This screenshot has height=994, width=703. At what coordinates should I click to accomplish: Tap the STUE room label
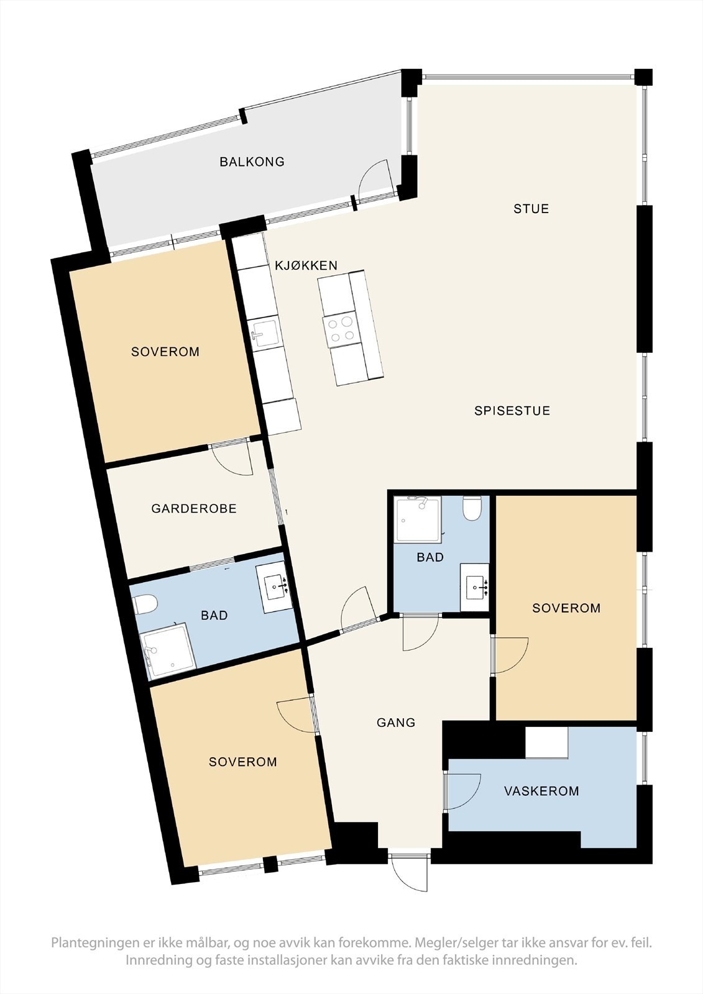click(531, 209)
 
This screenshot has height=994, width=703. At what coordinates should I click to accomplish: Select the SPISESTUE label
click(512, 411)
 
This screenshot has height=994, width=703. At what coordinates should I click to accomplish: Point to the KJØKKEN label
click(306, 265)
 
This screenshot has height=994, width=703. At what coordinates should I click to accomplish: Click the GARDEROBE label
click(194, 509)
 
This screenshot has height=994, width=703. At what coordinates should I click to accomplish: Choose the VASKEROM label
click(541, 791)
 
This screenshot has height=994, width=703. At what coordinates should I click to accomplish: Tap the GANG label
click(396, 723)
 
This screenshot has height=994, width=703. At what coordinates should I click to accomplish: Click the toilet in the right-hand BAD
click(473, 509)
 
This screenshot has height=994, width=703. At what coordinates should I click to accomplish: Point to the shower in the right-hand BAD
click(416, 519)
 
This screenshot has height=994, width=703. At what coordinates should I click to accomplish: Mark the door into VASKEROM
click(463, 791)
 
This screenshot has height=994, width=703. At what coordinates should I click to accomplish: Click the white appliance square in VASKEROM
click(546, 742)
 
